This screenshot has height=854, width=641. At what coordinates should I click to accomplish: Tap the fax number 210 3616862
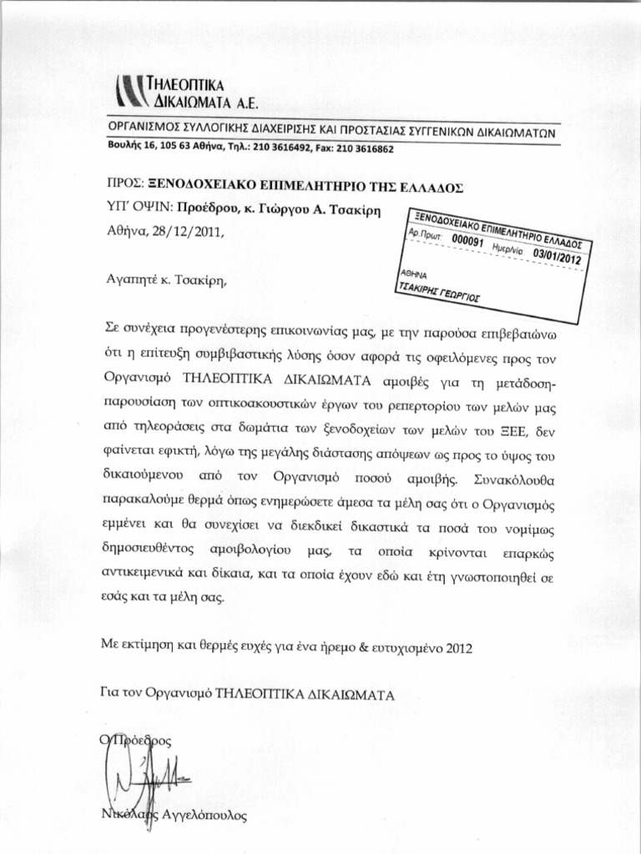tap(364, 149)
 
